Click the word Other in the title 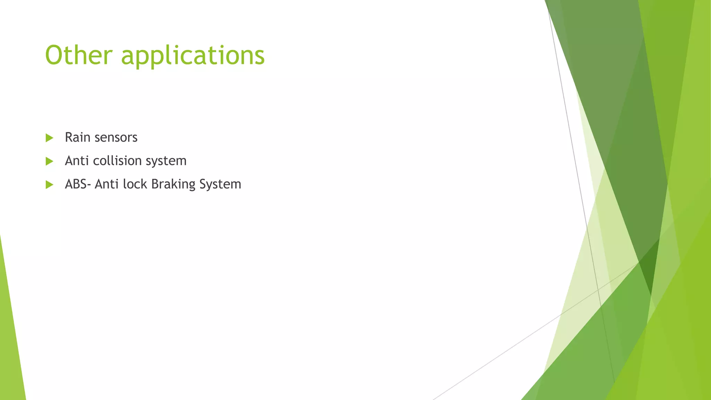tap(79, 55)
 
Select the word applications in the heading tap(193, 56)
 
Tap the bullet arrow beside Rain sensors tap(49, 138)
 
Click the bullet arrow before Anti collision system tap(49, 161)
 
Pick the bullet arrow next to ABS tap(49, 184)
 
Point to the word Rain tap(77, 137)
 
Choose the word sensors tap(116, 138)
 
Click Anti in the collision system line tap(77, 161)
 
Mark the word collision tap(117, 161)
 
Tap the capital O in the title tap(55, 56)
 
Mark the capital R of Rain tap(69, 137)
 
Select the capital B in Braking tap(155, 184)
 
